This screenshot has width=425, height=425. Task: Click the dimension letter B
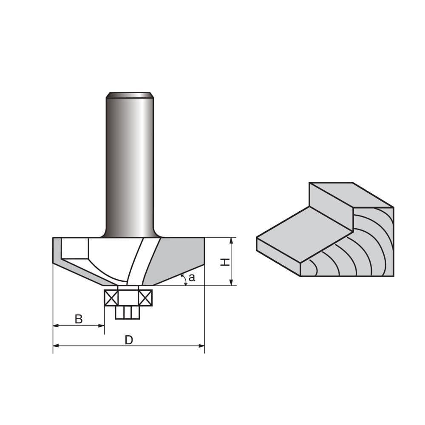[x=79, y=319]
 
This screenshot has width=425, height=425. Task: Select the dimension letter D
[x=129, y=340]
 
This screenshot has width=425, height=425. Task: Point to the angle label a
[x=192, y=278]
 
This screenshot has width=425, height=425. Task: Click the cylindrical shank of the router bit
[x=130, y=166]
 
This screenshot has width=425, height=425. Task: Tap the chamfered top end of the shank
[x=130, y=94]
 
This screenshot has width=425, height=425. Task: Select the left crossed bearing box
[x=111, y=297]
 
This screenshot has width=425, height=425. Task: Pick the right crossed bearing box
[x=145, y=297]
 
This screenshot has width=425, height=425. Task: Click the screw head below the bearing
[x=127, y=313]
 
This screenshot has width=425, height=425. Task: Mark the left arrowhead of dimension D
[x=55, y=346]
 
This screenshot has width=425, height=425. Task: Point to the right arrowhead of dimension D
[x=202, y=346]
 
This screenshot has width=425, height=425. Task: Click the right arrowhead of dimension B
[x=102, y=326]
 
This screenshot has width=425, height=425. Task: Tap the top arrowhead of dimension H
[x=231, y=240]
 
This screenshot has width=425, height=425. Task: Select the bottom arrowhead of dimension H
[x=231, y=283]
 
